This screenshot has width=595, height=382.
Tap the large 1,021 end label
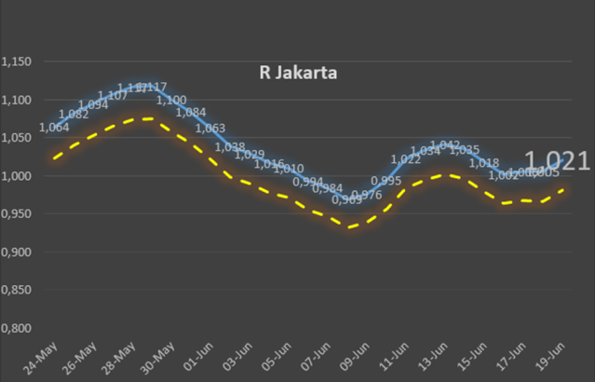click(x=556, y=161)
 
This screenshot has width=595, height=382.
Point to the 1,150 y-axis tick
click(x=17, y=62)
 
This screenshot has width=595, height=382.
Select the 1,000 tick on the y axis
click(x=17, y=176)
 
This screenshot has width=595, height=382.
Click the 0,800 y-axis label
click(x=17, y=328)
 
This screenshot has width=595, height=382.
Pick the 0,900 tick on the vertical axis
click(x=17, y=252)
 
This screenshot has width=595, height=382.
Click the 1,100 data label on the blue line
click(x=171, y=101)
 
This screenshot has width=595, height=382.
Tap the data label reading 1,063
click(x=210, y=129)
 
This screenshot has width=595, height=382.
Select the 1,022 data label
click(x=406, y=159)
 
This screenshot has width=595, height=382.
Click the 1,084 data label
click(x=191, y=113)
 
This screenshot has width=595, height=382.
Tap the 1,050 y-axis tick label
click(x=17, y=138)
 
